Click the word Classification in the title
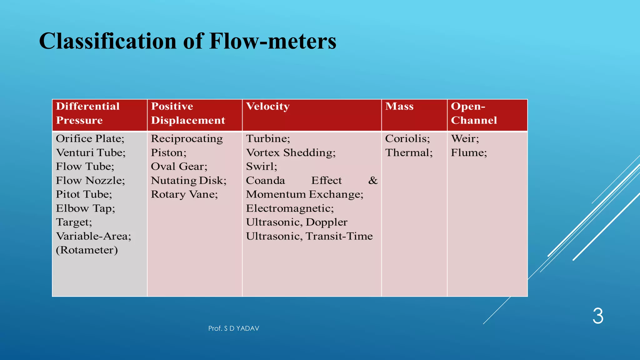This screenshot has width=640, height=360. click(107, 41)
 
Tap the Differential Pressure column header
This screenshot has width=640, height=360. click(87, 113)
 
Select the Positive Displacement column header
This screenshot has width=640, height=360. click(188, 113)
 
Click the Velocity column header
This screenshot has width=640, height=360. click(268, 106)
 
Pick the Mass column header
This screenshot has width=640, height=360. click(399, 106)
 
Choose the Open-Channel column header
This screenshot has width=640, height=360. click(473, 113)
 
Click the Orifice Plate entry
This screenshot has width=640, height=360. click(90, 138)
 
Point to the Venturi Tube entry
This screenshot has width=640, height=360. click(91, 152)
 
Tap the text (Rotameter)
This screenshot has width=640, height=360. click(87, 250)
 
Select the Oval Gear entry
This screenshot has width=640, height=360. click(179, 167)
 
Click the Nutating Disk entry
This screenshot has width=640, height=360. click(188, 181)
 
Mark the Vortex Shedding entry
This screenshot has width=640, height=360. click(291, 152)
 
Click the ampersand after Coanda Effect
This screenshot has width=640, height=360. click(373, 181)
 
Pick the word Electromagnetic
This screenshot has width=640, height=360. click(290, 208)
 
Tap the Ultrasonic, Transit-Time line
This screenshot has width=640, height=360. click(309, 236)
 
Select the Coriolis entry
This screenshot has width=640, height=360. click(407, 138)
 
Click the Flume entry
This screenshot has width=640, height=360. click(469, 152)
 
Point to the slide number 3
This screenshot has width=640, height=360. click(598, 316)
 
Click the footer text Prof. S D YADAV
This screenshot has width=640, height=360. click(234, 328)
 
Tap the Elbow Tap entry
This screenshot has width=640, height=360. click(85, 208)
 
